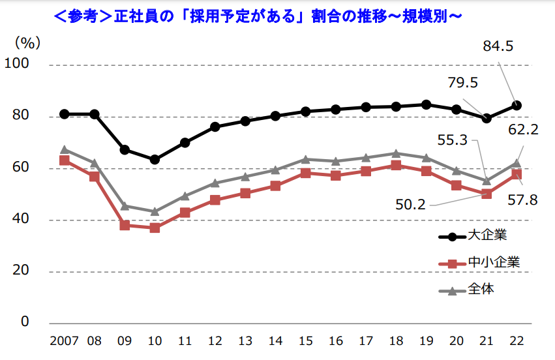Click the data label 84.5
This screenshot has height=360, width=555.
click(498, 46)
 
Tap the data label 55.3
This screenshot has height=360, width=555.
click(452, 140)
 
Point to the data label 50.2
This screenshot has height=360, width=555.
click(410, 204)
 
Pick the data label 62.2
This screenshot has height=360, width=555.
click(522, 130)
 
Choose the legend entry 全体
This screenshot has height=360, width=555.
click(481, 289)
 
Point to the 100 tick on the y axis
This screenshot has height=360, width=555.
click(17, 65)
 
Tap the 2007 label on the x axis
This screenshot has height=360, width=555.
click(64, 342)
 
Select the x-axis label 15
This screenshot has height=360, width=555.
click(305, 342)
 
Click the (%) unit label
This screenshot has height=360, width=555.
click(28, 43)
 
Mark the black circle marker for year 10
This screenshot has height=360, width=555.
click(155, 159)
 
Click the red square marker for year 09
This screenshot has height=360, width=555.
click(125, 225)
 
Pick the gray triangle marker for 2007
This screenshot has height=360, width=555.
click(64, 149)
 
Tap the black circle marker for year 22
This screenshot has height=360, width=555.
click(517, 105)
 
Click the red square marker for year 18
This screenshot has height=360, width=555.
click(396, 166)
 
